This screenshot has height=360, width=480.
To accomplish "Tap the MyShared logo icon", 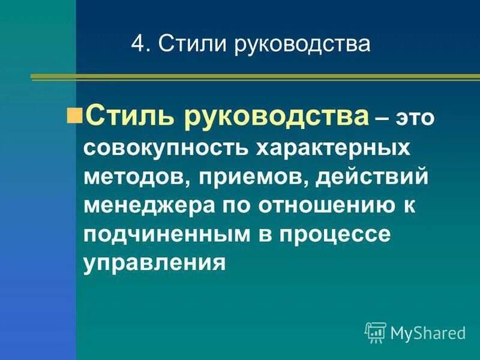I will (x=376, y=332).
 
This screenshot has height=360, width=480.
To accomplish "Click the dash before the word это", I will (x=382, y=118).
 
